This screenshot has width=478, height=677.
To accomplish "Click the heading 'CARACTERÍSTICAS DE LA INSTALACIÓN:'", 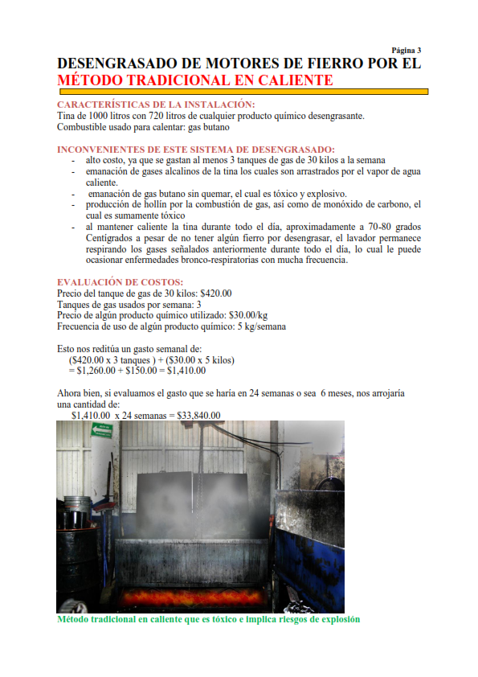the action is click(156, 105).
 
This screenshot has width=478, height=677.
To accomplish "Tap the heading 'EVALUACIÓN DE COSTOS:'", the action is click(120, 282).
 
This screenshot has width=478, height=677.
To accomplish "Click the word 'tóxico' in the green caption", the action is click(210, 619).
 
